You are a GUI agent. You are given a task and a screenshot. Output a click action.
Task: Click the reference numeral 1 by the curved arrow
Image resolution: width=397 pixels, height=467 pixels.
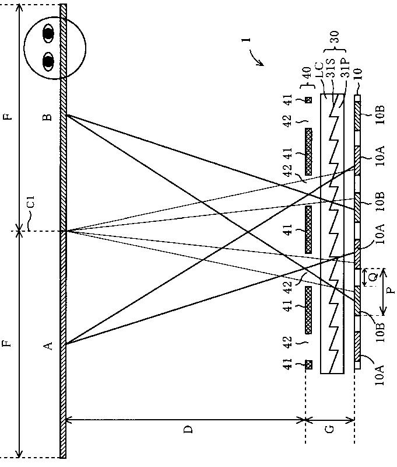247,41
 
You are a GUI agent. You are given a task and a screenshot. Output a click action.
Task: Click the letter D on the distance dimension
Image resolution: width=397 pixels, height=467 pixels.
188,430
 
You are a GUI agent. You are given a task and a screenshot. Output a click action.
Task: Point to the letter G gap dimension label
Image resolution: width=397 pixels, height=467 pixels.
330,430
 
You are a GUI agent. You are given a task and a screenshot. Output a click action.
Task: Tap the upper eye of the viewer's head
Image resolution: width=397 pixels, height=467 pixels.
48,34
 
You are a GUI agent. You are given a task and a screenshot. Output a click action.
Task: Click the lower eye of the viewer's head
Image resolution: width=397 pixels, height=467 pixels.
48,60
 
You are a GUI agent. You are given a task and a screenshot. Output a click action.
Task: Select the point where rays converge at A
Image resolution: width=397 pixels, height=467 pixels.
66,344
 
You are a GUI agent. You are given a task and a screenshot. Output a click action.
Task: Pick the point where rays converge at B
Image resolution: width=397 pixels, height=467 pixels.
66,115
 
